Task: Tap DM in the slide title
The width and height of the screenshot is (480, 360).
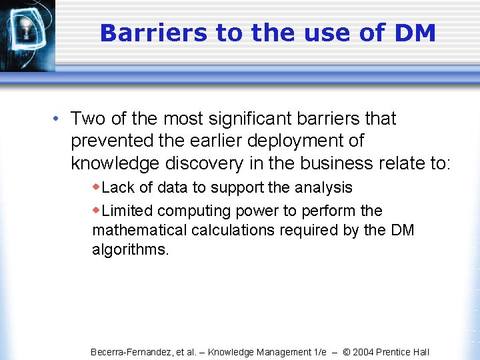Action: click(x=414, y=32)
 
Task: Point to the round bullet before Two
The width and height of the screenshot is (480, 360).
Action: click(x=58, y=119)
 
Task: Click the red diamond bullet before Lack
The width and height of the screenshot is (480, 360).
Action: click(x=97, y=187)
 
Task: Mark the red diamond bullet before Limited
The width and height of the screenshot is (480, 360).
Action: click(x=97, y=210)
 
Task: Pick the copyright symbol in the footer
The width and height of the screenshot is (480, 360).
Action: click(x=347, y=352)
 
